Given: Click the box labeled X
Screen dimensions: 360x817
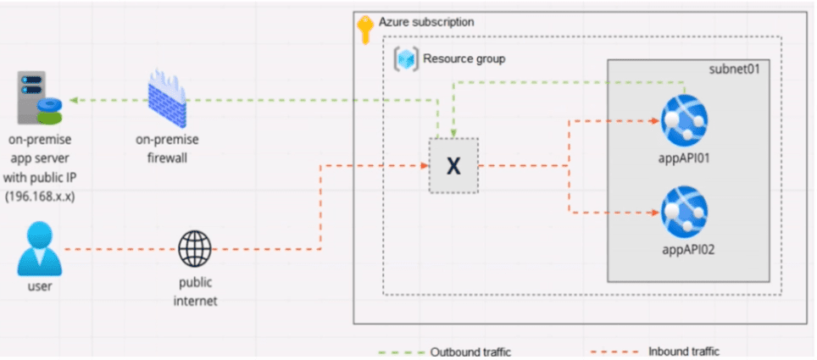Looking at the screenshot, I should (453, 165).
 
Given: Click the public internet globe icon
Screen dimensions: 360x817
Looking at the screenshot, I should (194, 248).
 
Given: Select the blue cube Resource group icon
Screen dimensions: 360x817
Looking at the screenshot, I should (407, 59).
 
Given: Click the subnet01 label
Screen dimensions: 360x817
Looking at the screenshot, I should (733, 69).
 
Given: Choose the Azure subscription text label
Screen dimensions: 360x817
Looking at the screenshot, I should (426, 21).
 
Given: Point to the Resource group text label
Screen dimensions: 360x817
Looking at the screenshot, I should (464, 59).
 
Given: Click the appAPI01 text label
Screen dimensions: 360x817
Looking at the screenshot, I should (684, 158).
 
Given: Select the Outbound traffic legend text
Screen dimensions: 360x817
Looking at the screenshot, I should (470, 352).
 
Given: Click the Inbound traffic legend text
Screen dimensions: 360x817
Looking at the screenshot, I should (684, 352).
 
